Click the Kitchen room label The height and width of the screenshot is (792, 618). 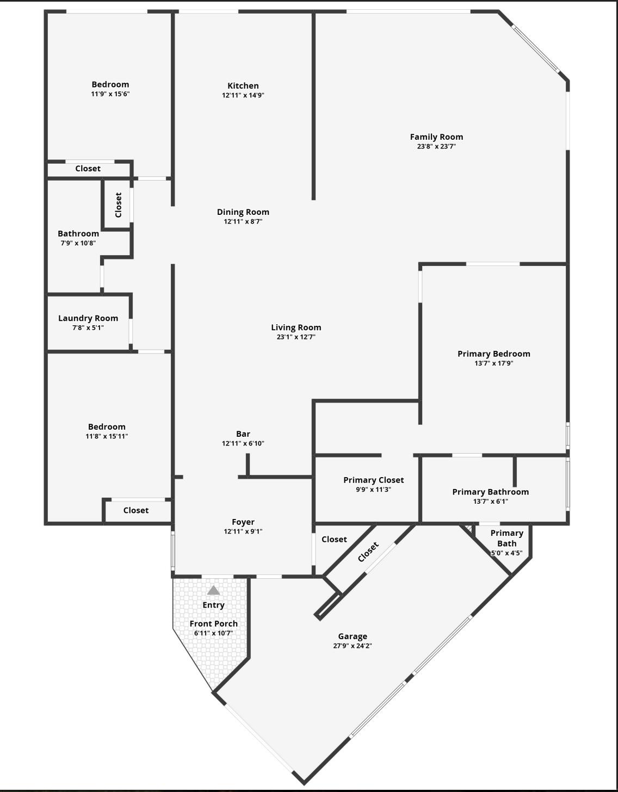pos(243,86)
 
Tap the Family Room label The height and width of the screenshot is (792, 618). pos(436,137)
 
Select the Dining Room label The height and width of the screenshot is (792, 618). pos(243,212)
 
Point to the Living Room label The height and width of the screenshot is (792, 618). pos(296,327)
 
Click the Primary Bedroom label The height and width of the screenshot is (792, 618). pos(493,354)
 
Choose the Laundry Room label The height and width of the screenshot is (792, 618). pos(88,318)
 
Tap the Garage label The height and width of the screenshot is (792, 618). pos(353,636)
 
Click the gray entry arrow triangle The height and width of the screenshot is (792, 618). pos(214,590)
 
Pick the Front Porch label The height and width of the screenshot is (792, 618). pos(213,624)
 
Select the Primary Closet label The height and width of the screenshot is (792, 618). pos(373,480)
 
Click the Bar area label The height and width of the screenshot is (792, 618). pos(243,434)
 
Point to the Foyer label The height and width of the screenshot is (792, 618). pos(243,522)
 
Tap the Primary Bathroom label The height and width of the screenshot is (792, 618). pos(490,492)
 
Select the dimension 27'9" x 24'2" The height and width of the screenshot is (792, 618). pos(353,646)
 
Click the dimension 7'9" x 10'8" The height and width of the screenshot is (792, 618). pos(78,243)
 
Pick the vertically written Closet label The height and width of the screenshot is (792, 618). pos(118,205)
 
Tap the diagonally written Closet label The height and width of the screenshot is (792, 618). pos(368,553)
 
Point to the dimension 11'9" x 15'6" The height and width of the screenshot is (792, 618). pos(110,94)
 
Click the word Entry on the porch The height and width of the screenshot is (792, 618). pos(213,605)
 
